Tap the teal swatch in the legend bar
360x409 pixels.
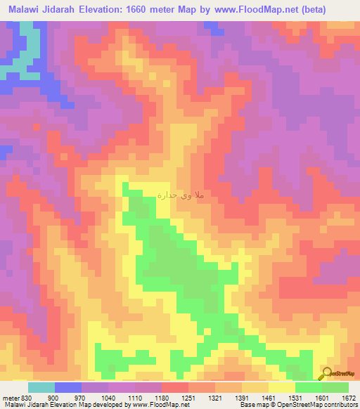coord(41,387)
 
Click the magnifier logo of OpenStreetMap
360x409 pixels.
coord(326,372)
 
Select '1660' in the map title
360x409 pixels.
coord(131,8)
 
